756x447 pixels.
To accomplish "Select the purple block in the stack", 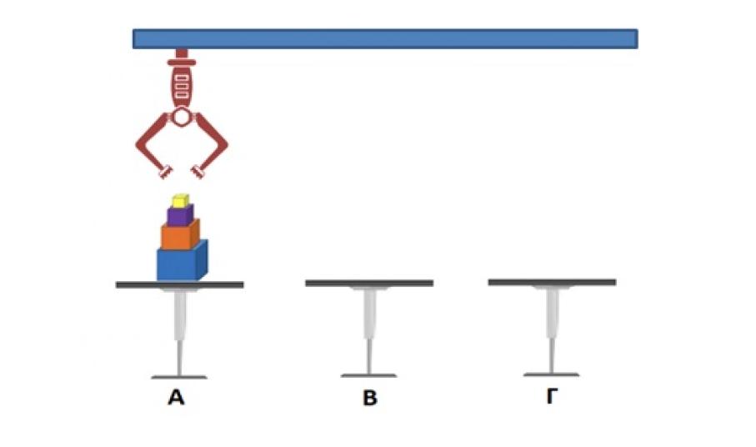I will (179, 215).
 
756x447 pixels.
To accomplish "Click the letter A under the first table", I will (176, 398).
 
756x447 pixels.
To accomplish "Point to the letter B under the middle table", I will (370, 399).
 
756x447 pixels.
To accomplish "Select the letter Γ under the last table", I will (551, 397).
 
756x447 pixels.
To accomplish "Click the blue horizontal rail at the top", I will (384, 38).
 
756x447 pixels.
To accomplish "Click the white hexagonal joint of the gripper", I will (182, 118).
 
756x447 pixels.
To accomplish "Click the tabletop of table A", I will (179, 284).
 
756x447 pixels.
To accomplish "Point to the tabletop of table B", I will (369, 284).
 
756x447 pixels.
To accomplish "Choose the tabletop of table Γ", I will (552, 283).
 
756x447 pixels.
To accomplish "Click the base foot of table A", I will (179, 377).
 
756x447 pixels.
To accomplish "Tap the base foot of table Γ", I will (551, 374).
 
